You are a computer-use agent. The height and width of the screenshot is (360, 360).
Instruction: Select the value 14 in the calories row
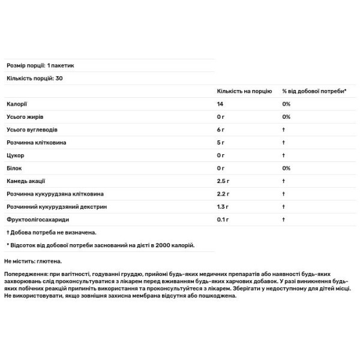(220, 104)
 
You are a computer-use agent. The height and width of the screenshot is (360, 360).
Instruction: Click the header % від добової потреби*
(314, 91)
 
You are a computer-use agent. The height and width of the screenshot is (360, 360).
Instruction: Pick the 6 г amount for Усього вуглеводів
(221, 130)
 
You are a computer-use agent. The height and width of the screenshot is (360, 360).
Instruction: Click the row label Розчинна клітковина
(35, 143)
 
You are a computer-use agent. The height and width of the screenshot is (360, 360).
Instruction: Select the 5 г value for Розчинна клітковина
(221, 143)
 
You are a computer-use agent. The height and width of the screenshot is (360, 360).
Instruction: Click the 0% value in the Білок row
(286, 169)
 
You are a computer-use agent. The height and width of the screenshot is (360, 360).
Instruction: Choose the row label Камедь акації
(26, 181)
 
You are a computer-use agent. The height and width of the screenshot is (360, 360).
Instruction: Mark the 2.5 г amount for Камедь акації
(223, 181)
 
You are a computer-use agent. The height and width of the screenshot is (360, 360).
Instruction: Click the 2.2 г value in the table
(223, 194)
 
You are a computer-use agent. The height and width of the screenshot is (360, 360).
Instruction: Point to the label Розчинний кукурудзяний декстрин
(49, 208)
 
